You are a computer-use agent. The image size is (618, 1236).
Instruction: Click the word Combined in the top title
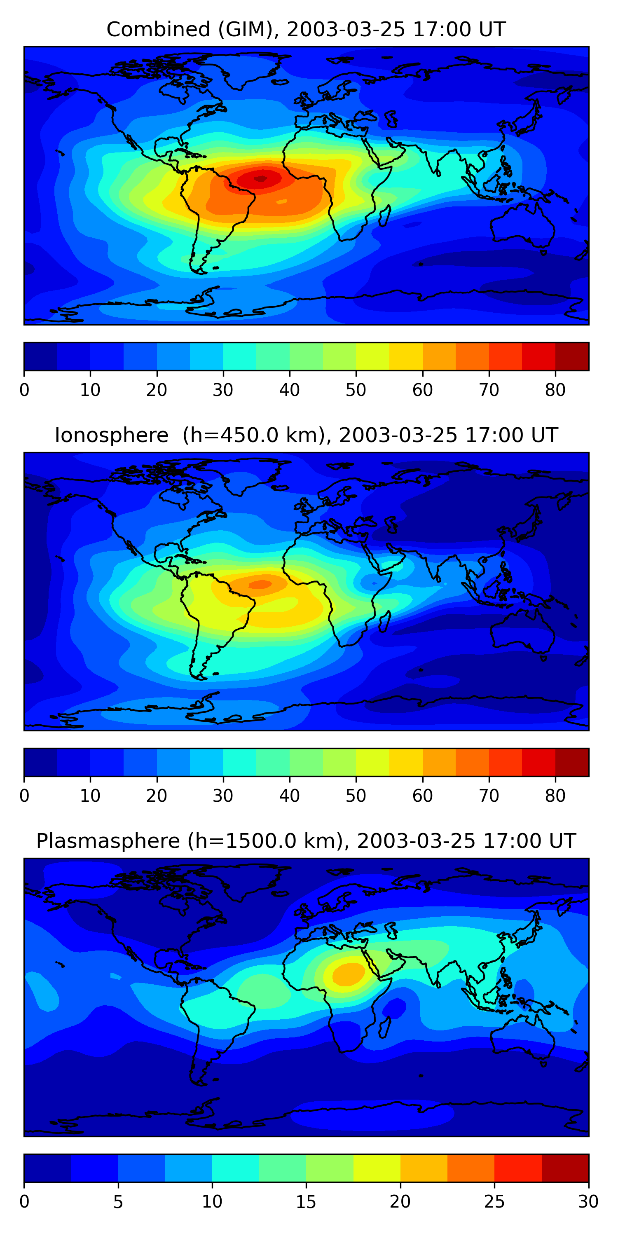point(158,29)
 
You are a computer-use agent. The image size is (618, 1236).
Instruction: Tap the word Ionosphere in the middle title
point(111,435)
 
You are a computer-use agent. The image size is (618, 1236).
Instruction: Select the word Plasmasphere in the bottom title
point(108,841)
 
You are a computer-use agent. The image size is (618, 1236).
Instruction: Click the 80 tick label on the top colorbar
point(555,390)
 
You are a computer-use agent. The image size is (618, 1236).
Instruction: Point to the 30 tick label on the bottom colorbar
point(588,1202)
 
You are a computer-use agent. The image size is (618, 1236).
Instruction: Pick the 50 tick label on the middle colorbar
point(356,796)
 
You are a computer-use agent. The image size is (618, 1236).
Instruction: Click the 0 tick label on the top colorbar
point(24,390)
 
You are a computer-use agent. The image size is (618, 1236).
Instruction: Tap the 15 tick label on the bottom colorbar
point(306,1202)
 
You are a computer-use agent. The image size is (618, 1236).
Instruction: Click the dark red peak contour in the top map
point(260,178)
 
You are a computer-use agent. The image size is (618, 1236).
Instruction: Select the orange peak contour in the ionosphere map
point(260,584)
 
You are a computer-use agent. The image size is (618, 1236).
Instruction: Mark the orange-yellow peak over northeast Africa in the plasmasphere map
point(348,974)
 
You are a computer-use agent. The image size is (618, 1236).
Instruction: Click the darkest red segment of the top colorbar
point(572,356)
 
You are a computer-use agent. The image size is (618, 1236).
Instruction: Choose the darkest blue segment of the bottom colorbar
point(47,1168)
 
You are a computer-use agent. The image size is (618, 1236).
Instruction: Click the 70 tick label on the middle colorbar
point(489,796)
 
